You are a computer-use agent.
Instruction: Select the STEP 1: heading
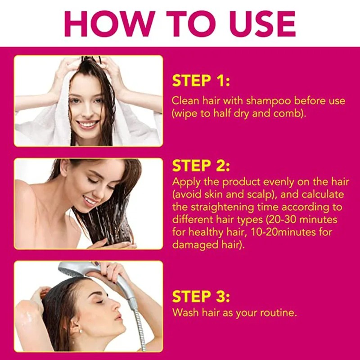pyautogui.click(x=201, y=81)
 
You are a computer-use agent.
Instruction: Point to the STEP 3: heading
pyautogui.click(x=201, y=297)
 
